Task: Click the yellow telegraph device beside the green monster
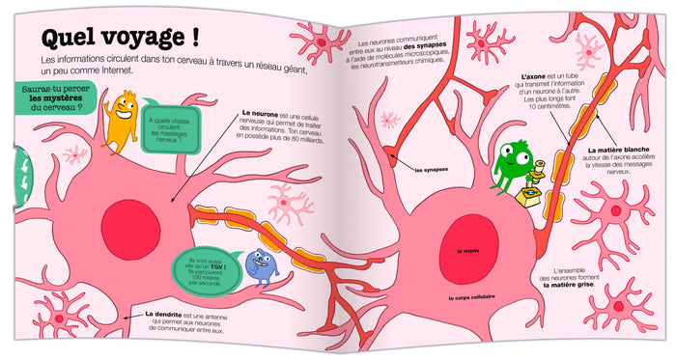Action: pos(530,194)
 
